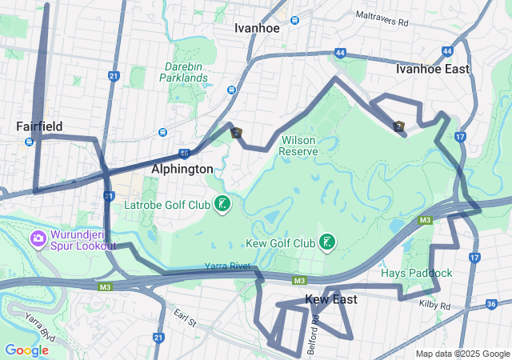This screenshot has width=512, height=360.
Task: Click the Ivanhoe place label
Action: [x=257, y=28]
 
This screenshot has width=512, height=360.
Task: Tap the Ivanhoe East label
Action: [x=432, y=69]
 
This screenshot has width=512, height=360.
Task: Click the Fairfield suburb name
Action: [x=39, y=126]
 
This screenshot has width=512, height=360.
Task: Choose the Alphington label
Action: [x=182, y=169]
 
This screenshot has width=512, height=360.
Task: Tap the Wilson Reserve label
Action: [x=298, y=145]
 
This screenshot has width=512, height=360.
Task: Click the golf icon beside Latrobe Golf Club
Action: [x=222, y=205]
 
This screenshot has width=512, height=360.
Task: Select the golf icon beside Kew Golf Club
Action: [x=326, y=242]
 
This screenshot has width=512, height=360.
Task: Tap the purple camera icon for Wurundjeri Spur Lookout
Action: [x=38, y=238]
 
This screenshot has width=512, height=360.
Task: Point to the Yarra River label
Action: [x=227, y=266]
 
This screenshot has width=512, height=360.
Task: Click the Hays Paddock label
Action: [x=416, y=273]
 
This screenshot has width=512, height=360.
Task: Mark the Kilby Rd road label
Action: [x=435, y=306]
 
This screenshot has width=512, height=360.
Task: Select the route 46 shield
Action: [x=185, y=153]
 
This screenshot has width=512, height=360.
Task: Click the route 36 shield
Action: [x=490, y=303]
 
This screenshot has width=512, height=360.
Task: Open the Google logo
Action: [x=26, y=350]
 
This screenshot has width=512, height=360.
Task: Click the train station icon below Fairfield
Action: [x=29, y=142]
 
